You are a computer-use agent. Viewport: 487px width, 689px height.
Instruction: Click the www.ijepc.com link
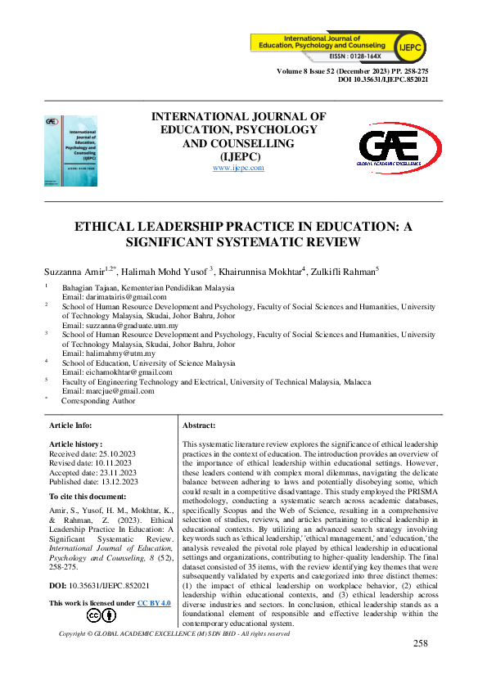238,167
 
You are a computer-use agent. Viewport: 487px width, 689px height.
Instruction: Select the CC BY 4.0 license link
154,580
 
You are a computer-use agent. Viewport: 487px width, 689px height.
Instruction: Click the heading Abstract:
199,426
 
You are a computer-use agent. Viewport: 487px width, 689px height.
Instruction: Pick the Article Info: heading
71,426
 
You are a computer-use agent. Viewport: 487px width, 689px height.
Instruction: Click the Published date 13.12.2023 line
93,482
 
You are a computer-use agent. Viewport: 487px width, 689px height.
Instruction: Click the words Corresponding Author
98,401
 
